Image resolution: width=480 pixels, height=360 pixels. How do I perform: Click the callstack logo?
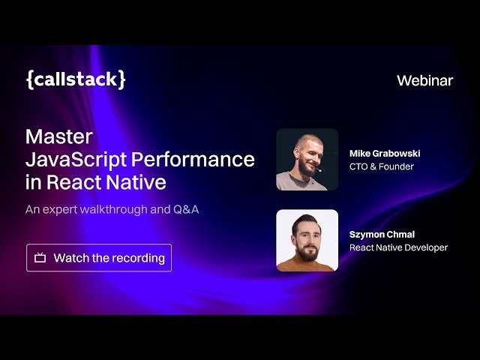(x=76, y=79)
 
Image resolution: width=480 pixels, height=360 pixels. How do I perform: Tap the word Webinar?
(x=424, y=80)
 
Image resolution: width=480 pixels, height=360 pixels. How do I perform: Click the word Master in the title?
(x=59, y=136)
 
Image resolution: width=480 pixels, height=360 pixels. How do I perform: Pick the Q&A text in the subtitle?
(x=186, y=209)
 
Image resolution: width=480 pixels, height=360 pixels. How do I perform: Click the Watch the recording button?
(x=99, y=258)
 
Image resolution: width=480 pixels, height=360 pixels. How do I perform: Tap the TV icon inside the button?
(x=40, y=258)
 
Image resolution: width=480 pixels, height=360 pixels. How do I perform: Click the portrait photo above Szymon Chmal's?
(x=307, y=160)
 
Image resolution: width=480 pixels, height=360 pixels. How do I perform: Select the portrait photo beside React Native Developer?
(x=307, y=240)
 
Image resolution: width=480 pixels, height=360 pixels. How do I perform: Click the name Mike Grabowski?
(x=385, y=153)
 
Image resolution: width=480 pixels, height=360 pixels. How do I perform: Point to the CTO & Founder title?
(x=381, y=166)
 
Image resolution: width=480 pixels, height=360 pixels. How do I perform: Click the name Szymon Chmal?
(x=381, y=234)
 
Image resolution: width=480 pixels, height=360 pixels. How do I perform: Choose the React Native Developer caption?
(x=398, y=247)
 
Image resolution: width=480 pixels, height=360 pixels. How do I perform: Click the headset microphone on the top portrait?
(x=319, y=169)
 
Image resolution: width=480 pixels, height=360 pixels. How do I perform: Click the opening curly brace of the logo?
(x=30, y=79)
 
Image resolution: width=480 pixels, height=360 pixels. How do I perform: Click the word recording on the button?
(x=139, y=258)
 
